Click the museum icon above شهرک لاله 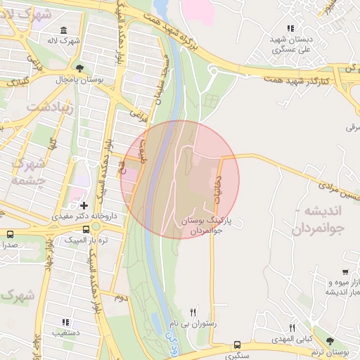(x=64, y=31)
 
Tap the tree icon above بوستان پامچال (x=79, y=69)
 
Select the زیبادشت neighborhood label (x=46, y=106)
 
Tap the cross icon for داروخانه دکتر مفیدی (x=84, y=206)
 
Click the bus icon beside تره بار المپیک (x=86, y=229)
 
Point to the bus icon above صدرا (x=10, y=234)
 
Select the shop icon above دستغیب (x=66, y=322)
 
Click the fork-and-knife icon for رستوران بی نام (x=193, y=311)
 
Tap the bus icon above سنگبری (x=237, y=345)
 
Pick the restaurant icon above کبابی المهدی (x=292, y=328)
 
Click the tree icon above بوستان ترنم (x=330, y=341)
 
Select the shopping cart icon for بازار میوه (x=345, y=272)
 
